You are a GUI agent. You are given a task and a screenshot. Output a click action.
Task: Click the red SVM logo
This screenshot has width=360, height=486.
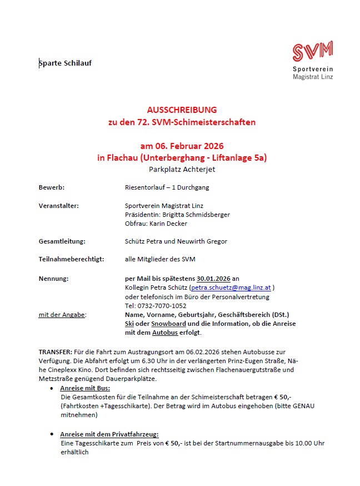(x=312, y=51)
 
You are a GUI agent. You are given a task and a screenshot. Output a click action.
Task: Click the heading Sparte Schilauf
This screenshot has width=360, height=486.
(x=66, y=63)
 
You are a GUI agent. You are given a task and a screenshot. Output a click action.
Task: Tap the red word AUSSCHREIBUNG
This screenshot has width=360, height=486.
(x=182, y=110)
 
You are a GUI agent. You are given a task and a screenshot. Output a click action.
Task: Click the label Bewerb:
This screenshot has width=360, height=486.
(x=51, y=187)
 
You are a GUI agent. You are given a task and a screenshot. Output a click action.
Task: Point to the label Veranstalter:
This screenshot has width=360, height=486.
(x=58, y=206)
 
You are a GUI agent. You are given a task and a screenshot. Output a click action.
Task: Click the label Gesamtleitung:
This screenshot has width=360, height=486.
(x=62, y=241)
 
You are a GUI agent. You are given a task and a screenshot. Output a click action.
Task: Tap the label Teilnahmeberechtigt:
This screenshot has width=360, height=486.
(x=71, y=259)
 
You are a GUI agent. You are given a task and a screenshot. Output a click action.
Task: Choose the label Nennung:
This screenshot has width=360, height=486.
(x=53, y=278)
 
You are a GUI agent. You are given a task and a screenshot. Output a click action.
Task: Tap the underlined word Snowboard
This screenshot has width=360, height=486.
(x=168, y=324)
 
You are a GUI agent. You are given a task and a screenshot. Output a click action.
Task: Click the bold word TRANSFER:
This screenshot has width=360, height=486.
(x=55, y=353)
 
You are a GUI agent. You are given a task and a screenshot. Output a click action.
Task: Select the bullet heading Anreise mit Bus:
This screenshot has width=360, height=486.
(x=85, y=388)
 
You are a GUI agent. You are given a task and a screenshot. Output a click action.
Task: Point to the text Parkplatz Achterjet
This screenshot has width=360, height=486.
(x=182, y=169)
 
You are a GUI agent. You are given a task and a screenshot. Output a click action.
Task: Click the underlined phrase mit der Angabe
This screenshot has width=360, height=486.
(x=61, y=315)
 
